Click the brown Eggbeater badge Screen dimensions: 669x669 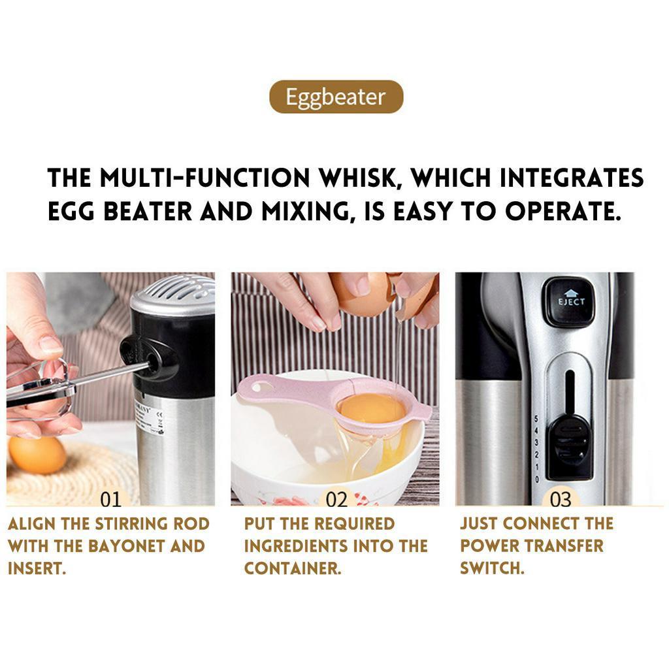coord(336,97)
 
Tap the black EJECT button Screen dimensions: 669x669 coord(571,301)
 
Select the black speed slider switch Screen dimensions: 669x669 coord(570,446)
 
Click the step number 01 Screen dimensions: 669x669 coord(110,500)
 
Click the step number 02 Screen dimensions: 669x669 coord(336,500)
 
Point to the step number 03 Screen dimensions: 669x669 coord(561,500)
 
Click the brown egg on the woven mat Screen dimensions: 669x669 coord(37,455)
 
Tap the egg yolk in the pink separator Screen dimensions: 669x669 coord(363,408)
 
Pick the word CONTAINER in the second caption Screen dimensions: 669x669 coord(293,568)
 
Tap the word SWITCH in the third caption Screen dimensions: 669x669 coord(492,568)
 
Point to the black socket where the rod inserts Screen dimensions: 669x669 coord(150,356)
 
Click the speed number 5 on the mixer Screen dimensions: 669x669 coord(536,419)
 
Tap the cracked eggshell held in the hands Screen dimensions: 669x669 coord(366,294)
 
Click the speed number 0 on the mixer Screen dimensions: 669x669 coord(536,480)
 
